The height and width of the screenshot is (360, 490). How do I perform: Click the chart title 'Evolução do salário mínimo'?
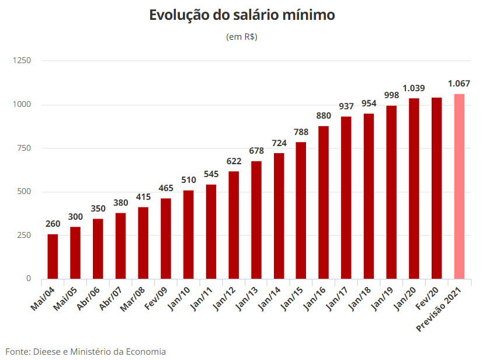click(x=242, y=15)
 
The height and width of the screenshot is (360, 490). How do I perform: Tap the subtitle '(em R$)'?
click(x=242, y=37)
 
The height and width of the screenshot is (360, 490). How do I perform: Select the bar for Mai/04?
click(x=53, y=257)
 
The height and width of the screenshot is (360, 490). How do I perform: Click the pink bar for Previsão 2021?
click(x=460, y=186)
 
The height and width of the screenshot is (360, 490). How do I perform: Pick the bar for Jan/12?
click(x=234, y=225)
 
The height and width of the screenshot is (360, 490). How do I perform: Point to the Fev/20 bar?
click(x=437, y=188)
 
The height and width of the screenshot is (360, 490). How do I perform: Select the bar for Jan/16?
click(x=324, y=203)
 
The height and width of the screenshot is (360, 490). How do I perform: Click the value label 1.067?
click(x=458, y=84)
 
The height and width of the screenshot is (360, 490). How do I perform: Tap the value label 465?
click(x=166, y=188)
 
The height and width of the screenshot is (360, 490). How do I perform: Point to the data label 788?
click(x=301, y=132)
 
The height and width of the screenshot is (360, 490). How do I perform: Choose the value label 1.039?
click(x=413, y=88)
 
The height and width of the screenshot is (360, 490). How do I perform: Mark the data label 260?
click(x=53, y=224)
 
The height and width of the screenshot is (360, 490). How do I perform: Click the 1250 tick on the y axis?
click(x=22, y=60)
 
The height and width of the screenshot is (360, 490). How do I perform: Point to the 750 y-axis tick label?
click(x=24, y=148)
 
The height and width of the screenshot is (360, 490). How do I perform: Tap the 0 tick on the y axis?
click(x=29, y=278)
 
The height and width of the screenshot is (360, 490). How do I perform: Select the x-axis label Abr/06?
click(x=88, y=298)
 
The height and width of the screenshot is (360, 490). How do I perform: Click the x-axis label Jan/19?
click(x=382, y=299)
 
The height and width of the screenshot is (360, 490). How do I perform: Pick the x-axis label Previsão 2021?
click(x=439, y=309)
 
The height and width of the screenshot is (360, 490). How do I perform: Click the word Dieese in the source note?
click(x=47, y=352)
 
